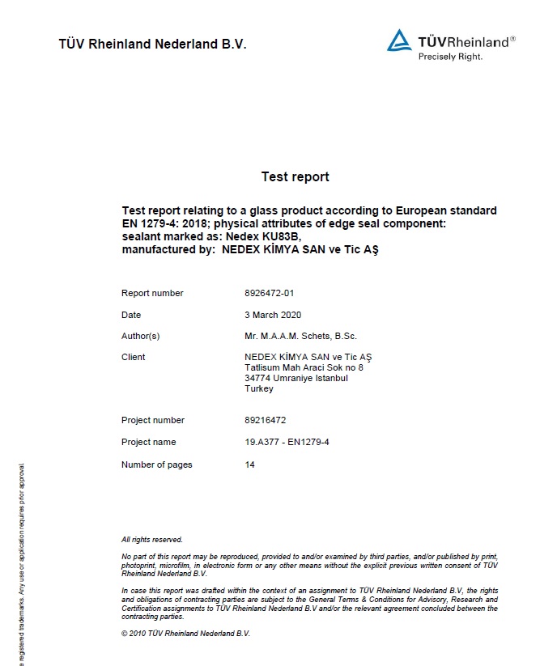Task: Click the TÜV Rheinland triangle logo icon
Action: (x=399, y=41)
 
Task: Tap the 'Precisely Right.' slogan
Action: (x=450, y=57)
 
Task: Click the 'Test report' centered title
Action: (x=295, y=176)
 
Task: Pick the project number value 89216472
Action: (x=266, y=420)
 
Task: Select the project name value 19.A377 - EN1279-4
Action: (x=286, y=442)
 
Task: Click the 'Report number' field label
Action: (x=152, y=293)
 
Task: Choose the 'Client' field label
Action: (x=134, y=357)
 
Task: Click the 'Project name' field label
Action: (x=148, y=442)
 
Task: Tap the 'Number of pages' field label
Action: (x=157, y=465)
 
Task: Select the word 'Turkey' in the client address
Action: (x=259, y=388)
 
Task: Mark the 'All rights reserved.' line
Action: (x=152, y=540)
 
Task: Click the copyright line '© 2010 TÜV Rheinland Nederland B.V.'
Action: (x=185, y=633)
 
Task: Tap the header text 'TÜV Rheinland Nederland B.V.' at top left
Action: (x=152, y=44)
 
